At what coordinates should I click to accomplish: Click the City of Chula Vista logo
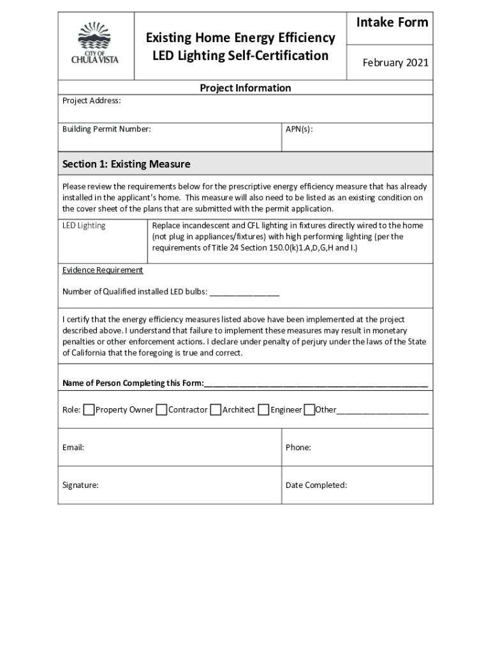pos(94,43)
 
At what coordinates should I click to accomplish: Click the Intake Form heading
pos(392,23)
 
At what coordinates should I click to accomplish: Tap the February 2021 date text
pos(395,62)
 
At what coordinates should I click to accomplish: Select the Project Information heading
pos(246,88)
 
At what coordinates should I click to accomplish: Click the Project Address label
pos(91,101)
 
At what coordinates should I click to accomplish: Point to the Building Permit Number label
pos(106,129)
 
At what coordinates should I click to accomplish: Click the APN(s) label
pos(299,129)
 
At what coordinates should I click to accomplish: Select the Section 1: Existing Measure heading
pos(126,165)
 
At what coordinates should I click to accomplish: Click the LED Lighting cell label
pos(84,226)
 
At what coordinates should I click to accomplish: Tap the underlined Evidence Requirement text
pos(103,270)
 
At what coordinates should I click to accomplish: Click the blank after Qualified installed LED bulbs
pos(244,292)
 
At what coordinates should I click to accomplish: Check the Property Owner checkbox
pos(89,409)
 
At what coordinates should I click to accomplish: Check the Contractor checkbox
pos(162,409)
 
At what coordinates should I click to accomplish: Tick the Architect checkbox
pos(216,409)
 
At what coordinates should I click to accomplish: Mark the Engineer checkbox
pos(263,409)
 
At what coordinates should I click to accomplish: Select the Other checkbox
pos(309,409)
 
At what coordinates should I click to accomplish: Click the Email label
pos(73,448)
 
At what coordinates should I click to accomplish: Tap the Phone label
pos(298,448)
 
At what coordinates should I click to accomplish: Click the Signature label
pos(80,485)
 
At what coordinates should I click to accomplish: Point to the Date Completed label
pos(316,485)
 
